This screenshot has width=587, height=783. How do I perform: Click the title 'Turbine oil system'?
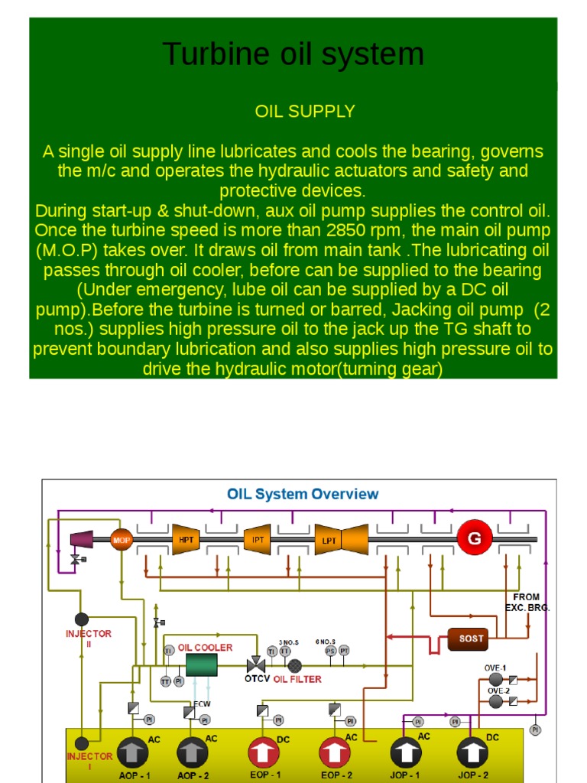[x=293, y=54]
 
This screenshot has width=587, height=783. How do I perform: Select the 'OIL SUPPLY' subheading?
[x=304, y=112]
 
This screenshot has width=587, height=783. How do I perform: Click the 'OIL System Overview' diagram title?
[x=303, y=494]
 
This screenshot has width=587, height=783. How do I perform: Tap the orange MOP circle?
[x=122, y=540]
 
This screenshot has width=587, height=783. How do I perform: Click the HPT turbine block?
[x=186, y=540]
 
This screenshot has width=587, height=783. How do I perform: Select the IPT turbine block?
[x=258, y=540]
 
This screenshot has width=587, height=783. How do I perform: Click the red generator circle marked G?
[x=475, y=538]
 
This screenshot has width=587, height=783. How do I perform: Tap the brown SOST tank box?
[x=471, y=638]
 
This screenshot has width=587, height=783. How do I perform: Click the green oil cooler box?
[x=203, y=664]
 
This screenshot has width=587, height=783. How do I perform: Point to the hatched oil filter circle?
[x=295, y=665]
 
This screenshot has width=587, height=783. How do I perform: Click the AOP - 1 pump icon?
[x=133, y=753]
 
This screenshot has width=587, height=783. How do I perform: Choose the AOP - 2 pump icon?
[x=192, y=753]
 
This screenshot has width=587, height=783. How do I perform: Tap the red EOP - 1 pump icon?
[x=264, y=752]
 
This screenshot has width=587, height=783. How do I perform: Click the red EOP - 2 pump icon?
[x=335, y=752]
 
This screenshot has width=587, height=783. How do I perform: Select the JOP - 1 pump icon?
[x=406, y=753]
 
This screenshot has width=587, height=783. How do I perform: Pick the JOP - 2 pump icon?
[x=473, y=753]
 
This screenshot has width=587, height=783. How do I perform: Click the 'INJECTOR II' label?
[x=89, y=638]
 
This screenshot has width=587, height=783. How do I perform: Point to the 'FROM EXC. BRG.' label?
[x=527, y=602]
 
